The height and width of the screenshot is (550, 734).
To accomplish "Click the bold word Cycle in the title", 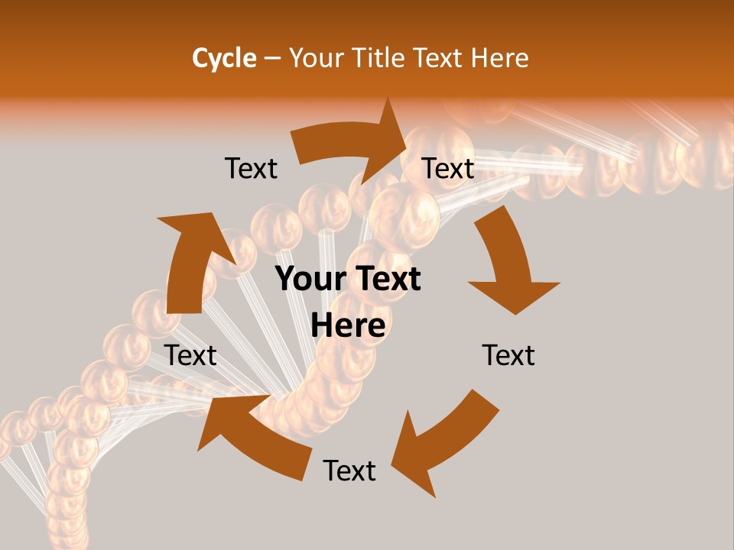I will click(x=224, y=58).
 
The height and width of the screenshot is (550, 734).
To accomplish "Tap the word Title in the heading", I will click(x=379, y=58).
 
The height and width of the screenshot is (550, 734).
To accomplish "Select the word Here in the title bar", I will click(x=500, y=58).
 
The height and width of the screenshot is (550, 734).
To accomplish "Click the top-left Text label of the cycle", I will click(x=251, y=169).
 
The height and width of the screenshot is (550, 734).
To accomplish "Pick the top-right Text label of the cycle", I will click(x=449, y=169).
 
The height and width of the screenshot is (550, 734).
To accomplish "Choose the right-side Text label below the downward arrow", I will click(x=508, y=355).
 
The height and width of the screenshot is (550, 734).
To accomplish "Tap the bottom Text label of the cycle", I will click(x=349, y=471).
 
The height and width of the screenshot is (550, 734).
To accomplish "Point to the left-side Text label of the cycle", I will click(x=190, y=355).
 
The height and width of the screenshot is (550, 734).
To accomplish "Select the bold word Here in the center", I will click(x=348, y=325).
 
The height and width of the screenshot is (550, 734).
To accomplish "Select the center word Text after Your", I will click(x=388, y=280).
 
